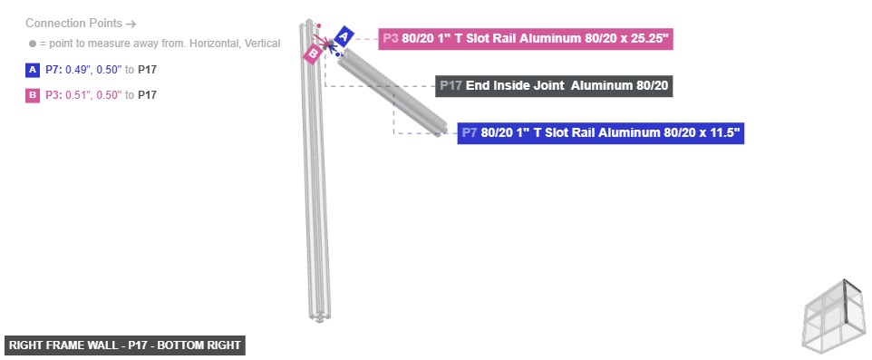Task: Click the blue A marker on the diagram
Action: click(344, 36)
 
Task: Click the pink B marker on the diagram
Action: click(312, 54)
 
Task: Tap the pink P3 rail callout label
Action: click(526, 39)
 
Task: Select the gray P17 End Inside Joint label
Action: click(554, 86)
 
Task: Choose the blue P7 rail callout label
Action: click(601, 133)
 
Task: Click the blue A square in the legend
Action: click(34, 70)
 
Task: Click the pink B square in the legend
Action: click(34, 95)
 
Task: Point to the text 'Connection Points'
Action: click(74, 24)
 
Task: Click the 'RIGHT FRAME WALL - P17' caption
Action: click(125, 345)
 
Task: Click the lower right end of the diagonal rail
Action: click(441, 128)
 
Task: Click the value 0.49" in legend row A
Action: click(77, 70)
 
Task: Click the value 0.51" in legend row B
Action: click(77, 95)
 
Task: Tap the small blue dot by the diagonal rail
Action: click(338, 55)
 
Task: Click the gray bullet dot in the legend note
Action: click(33, 44)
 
